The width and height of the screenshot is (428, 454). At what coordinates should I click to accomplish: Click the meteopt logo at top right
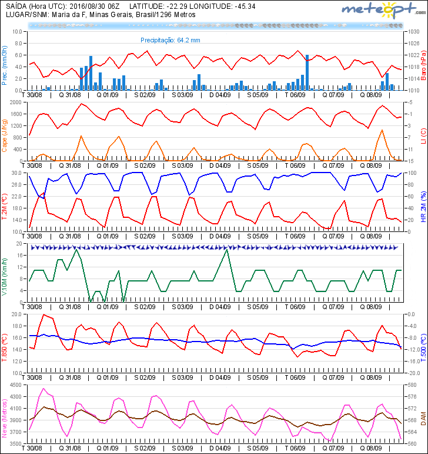point(381,11)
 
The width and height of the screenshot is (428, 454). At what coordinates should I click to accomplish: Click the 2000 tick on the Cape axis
point(15,102)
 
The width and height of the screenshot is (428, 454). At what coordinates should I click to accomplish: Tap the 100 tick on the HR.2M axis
point(410,173)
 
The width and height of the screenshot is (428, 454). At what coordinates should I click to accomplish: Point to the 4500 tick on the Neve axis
point(15,385)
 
